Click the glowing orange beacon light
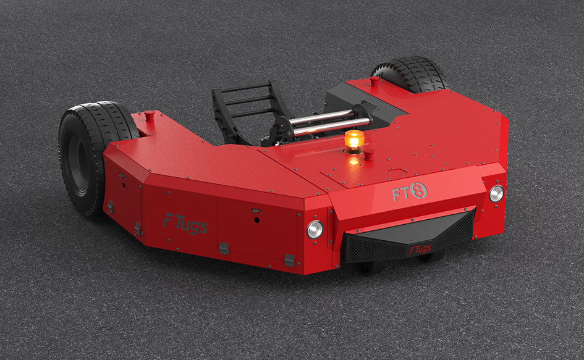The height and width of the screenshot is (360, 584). [353, 141]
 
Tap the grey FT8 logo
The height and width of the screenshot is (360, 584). [409, 191]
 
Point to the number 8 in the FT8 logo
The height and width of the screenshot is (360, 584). [420, 190]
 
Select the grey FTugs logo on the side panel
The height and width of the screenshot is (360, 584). [185, 224]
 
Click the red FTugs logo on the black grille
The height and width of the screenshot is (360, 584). [420, 249]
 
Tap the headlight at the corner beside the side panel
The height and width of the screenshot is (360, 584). [315, 229]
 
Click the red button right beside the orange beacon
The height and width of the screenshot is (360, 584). [369, 154]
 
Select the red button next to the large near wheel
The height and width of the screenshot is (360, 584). [150, 115]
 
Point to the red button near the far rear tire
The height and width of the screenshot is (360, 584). [375, 81]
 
